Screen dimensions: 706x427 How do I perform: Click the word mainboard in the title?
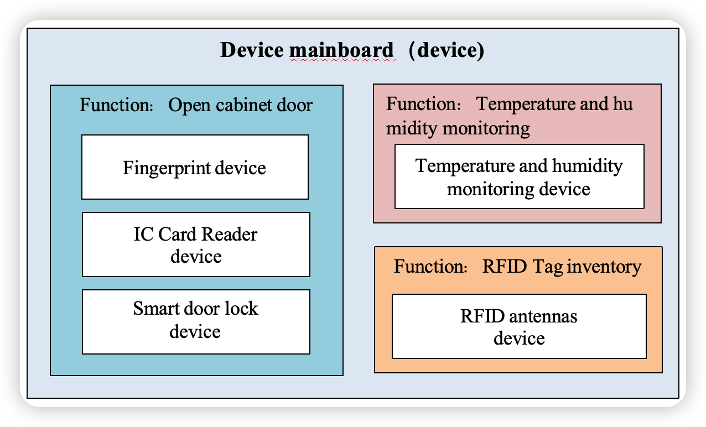[341, 50]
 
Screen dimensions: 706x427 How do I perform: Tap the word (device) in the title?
[447, 50]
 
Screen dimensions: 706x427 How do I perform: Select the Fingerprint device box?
[195, 167]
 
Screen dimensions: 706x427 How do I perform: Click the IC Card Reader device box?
[196, 244]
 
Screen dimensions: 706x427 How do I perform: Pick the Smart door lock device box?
[196, 322]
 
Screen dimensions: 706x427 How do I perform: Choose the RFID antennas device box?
[519, 326]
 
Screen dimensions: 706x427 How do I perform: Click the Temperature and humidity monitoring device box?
[520, 176]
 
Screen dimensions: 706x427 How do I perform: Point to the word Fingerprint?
[167, 168]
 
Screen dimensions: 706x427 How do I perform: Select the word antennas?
[543, 316]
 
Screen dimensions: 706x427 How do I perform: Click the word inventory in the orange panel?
[604, 267]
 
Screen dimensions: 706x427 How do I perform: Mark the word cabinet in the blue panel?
[243, 105]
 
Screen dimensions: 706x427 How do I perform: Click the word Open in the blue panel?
[189, 106]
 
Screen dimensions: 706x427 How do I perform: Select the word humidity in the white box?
[587, 166]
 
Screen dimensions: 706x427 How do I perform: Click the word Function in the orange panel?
[430, 266]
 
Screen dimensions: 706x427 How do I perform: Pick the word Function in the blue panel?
[116, 105]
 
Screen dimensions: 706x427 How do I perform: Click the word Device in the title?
[252, 50]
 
